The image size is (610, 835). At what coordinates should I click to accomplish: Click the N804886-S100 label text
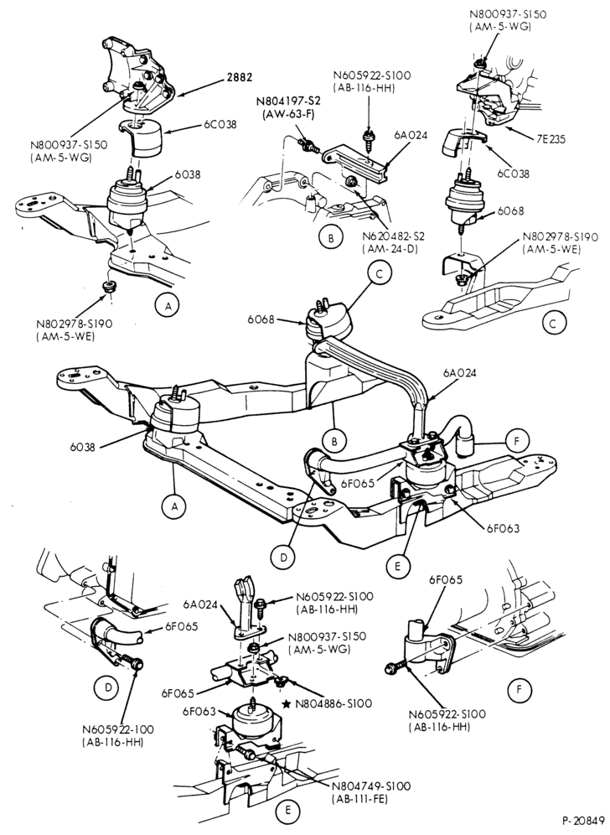(333, 703)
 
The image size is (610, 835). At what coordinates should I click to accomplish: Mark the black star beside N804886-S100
(287, 703)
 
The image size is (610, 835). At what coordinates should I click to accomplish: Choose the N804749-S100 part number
(371, 786)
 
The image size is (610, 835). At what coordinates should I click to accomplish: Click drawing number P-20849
(583, 820)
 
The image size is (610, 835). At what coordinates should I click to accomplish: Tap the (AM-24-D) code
(391, 249)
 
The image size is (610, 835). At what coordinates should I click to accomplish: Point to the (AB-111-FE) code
(359, 799)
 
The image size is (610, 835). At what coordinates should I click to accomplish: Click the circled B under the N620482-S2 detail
(331, 239)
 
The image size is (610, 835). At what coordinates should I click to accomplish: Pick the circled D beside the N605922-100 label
(108, 687)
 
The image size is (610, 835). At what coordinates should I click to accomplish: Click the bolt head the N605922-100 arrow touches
(137, 663)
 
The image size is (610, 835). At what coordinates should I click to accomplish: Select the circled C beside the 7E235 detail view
(556, 322)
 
